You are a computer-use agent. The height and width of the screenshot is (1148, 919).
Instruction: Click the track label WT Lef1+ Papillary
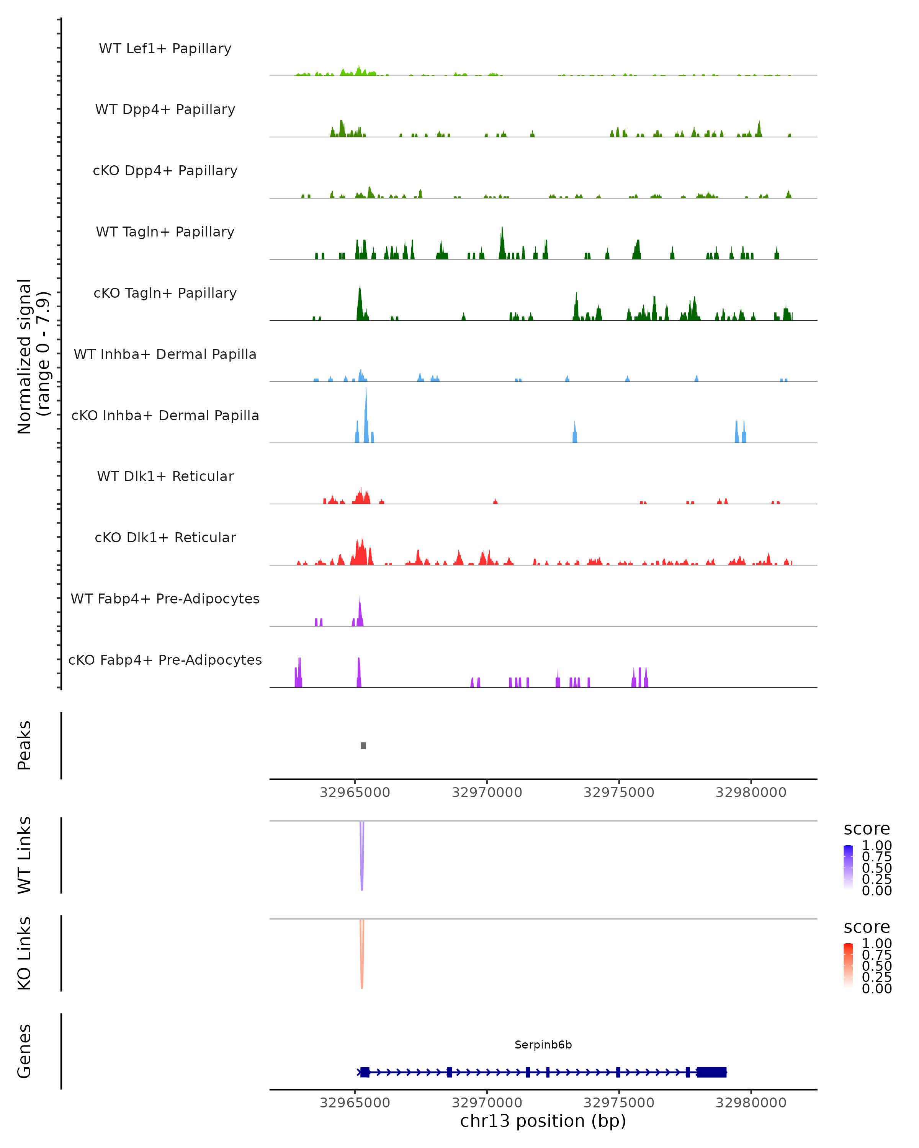[165, 49]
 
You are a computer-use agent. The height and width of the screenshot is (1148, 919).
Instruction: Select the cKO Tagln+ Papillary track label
[165, 293]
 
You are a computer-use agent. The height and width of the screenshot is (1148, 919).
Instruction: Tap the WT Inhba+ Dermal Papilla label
[165, 354]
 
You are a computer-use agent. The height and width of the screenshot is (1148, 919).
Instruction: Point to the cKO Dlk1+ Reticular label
[165, 537]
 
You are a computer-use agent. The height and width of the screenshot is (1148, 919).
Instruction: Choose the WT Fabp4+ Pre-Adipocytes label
[165, 598]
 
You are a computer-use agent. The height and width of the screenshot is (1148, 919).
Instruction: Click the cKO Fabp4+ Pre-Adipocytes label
[165, 660]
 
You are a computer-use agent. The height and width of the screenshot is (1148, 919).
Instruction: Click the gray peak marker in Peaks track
[363, 745]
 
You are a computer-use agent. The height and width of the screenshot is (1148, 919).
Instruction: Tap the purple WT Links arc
[362, 857]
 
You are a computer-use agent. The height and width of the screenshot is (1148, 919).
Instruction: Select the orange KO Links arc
[362, 956]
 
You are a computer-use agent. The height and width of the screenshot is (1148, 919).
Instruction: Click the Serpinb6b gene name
[543, 1045]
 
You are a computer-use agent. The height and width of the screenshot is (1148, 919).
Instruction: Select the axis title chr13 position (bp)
[543, 1121]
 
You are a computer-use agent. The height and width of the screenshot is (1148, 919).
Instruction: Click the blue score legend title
[866, 829]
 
